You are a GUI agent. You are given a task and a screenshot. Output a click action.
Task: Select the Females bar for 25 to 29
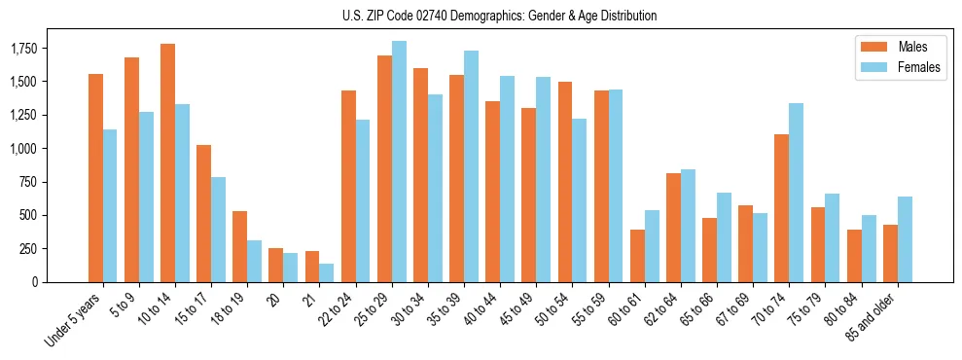coord(399,162)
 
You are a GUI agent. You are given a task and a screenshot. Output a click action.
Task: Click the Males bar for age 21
coord(312,267)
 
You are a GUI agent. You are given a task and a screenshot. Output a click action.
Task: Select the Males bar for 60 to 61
coord(637,256)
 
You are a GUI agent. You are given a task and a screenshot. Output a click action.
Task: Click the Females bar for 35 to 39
coord(471,166)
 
